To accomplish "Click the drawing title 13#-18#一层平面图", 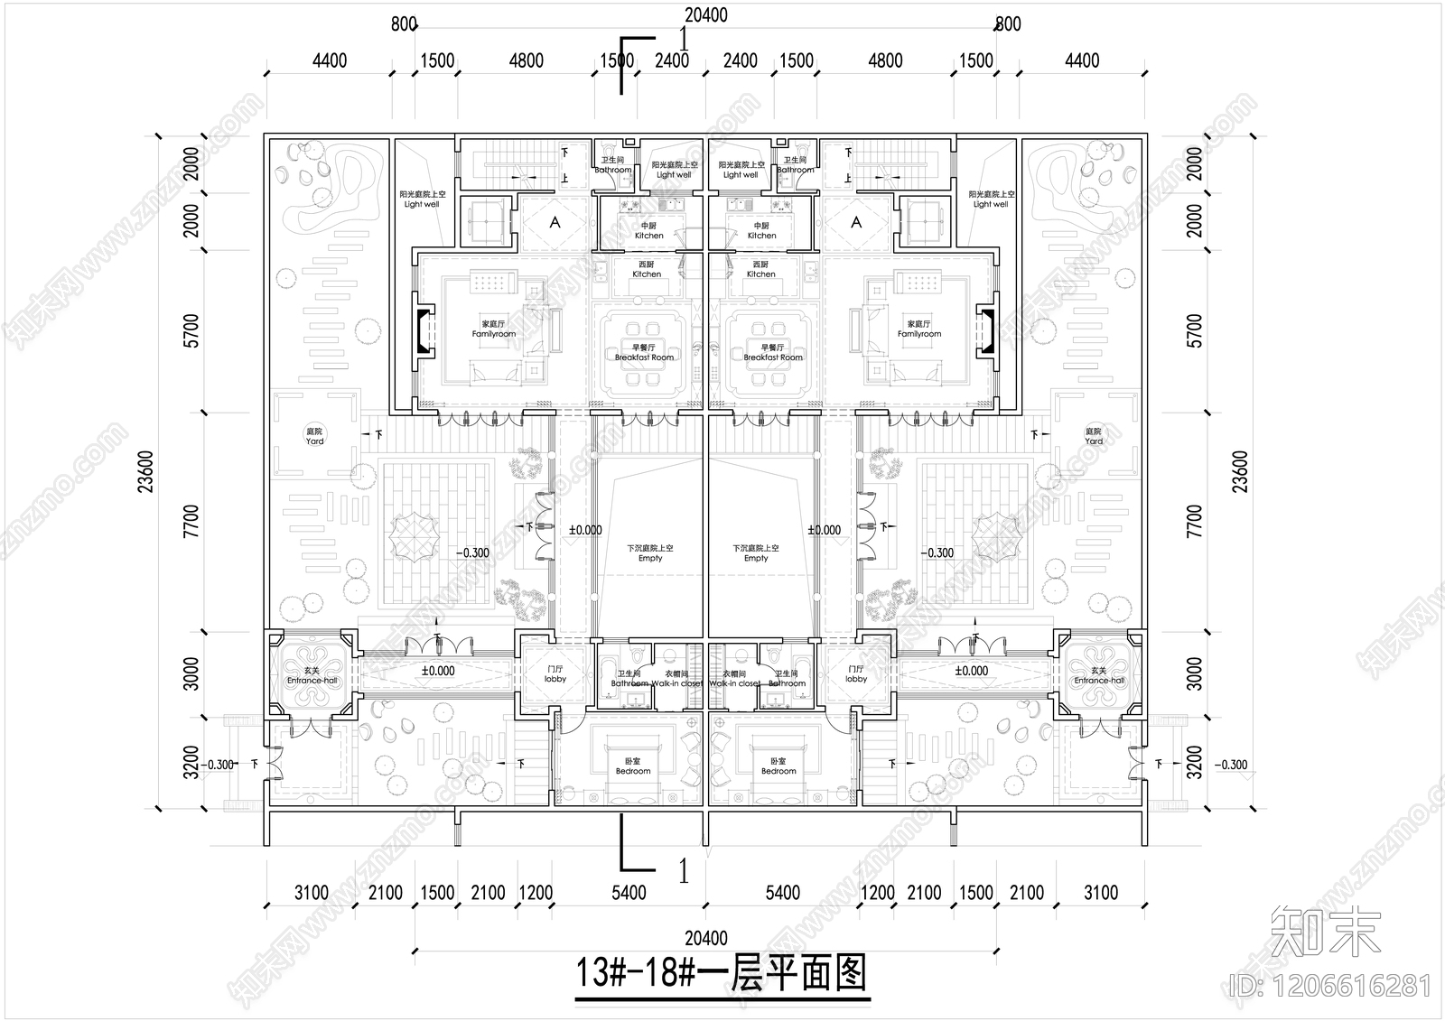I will coord(722,974).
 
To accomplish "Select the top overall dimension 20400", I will coord(705,15).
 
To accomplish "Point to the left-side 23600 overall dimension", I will coord(147,471).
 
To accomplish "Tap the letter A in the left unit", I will coord(555,222).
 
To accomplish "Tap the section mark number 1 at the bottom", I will coord(684,871).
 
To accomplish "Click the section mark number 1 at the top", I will coord(684,39).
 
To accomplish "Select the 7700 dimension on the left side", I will coord(191,522).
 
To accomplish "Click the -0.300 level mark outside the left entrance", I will coord(219,765).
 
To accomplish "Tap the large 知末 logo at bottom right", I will coord(1326,932).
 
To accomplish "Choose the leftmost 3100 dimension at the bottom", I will coord(311,893).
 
